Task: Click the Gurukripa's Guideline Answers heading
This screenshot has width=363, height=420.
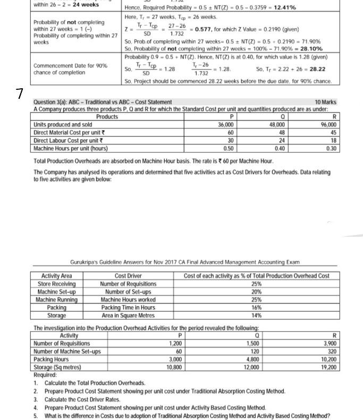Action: pos(185,262)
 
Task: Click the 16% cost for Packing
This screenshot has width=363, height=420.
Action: pos(257,307)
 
